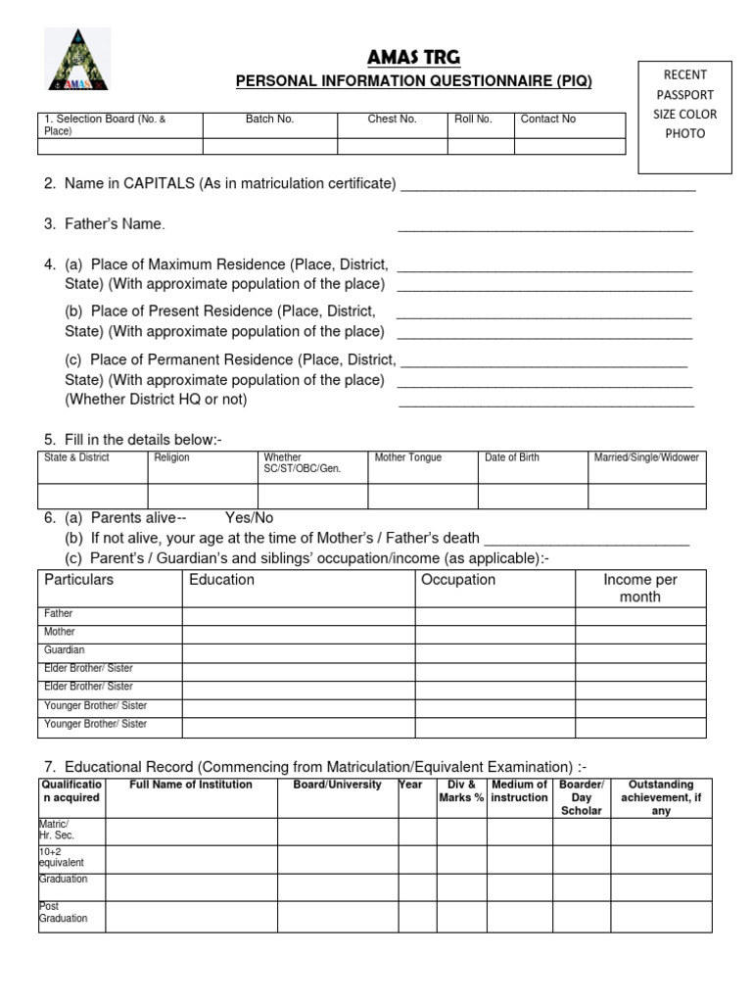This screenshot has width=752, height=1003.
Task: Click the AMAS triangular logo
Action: point(77,60)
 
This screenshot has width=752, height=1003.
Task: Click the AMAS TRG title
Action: point(412,57)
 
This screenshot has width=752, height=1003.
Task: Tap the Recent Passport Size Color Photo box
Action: point(684,116)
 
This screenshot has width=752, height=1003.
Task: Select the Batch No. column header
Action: point(269,119)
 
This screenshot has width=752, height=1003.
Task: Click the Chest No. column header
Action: point(392,119)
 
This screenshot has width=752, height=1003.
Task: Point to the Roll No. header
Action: point(473,119)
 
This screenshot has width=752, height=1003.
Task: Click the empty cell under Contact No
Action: point(569,147)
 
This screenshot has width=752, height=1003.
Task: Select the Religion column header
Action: point(172,457)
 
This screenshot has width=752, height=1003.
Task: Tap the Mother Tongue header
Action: point(408,457)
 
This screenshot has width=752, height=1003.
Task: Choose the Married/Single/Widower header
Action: point(646,457)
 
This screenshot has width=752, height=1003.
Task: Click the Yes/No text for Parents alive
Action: point(250,517)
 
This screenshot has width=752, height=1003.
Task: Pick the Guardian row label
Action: point(65,650)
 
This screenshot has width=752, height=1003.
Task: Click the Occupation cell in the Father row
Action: point(494,616)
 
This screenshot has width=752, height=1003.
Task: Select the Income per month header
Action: point(639,588)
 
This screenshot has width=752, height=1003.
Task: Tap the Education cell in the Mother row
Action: point(298,634)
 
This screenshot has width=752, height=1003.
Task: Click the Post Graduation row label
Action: point(64,913)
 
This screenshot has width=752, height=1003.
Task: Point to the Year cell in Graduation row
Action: point(417,886)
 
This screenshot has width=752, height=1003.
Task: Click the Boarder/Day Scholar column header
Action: point(582,797)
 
